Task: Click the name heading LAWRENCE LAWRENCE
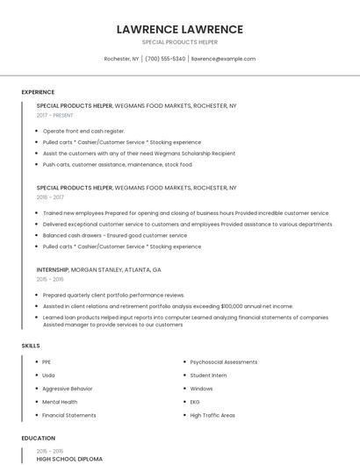click(x=179, y=30)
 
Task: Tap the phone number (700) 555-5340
click(x=165, y=59)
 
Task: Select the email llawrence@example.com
click(x=223, y=59)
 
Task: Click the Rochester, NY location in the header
click(x=122, y=59)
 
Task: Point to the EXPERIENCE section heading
click(x=38, y=92)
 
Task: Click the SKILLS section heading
click(x=31, y=346)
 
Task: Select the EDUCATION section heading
click(x=39, y=438)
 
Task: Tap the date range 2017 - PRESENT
click(x=55, y=115)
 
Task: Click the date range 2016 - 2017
click(x=50, y=197)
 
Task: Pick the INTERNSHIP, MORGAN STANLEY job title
click(x=98, y=269)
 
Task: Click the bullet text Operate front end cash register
click(x=83, y=131)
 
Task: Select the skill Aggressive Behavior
click(x=67, y=389)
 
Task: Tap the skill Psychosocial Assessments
click(x=223, y=361)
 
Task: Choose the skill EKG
click(x=196, y=402)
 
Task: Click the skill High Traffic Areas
click(x=212, y=415)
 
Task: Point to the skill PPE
click(x=47, y=361)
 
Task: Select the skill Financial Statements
click(x=68, y=415)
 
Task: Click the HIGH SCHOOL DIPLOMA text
click(x=69, y=459)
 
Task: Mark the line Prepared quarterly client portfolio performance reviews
click(x=113, y=296)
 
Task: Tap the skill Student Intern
click(x=208, y=376)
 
